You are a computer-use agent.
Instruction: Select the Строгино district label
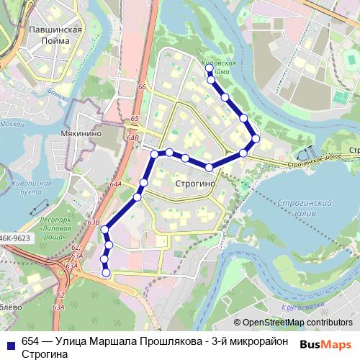pyautogui.click(x=194, y=184)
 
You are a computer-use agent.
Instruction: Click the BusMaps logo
pyautogui.click(x=325, y=343)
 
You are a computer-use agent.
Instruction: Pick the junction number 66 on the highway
pyautogui.click(x=142, y=88)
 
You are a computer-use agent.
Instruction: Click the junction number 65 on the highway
pyautogui.click(x=135, y=118)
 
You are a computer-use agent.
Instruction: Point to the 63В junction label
pyautogui.click(x=93, y=222)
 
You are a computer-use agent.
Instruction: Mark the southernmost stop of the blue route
pyautogui.click(x=107, y=273)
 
